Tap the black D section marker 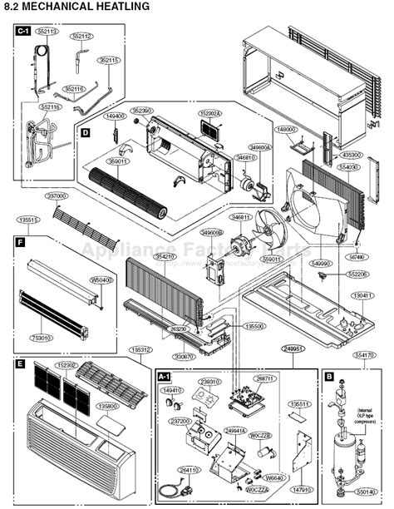tap(86, 131)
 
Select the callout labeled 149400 tap(116, 116)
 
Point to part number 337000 tap(57, 195)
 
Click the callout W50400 tap(101, 280)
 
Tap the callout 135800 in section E tap(108, 407)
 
